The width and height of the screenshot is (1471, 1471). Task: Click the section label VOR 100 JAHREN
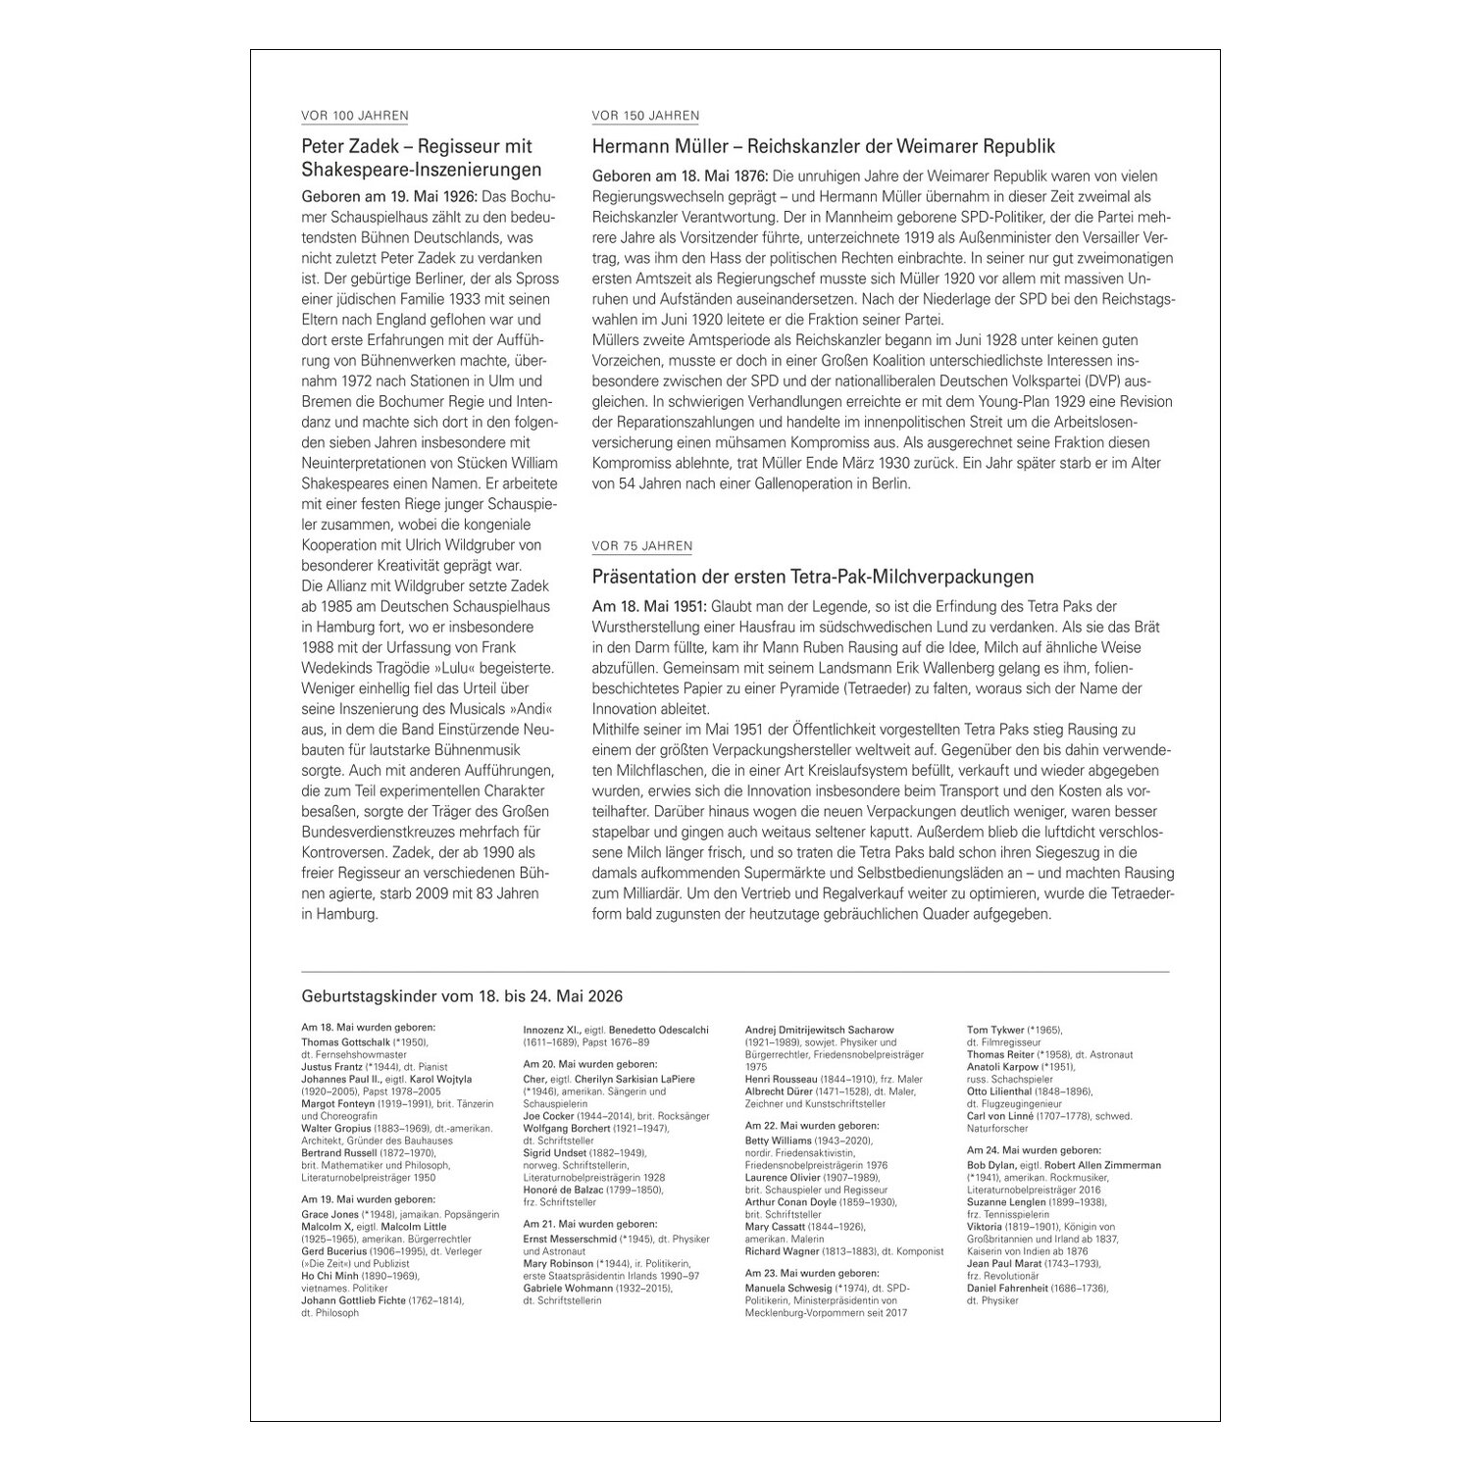click(x=355, y=116)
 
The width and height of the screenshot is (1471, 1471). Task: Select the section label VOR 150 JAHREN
click(x=645, y=116)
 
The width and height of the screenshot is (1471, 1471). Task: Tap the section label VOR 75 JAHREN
click(x=642, y=546)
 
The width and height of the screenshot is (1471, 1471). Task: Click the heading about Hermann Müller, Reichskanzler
click(x=824, y=146)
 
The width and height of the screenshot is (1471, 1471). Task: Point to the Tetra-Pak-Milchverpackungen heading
click(x=813, y=577)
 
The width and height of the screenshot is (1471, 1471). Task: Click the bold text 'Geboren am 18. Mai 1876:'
click(x=680, y=177)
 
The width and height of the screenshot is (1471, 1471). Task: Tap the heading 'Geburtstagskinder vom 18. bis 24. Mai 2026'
click(x=462, y=995)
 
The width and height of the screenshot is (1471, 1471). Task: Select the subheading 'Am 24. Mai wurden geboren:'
click(x=1034, y=1149)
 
